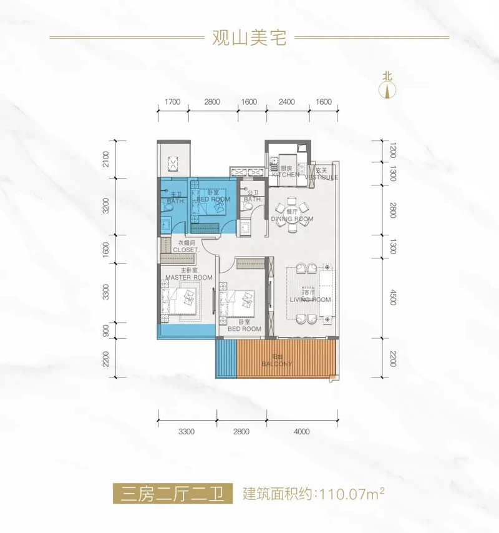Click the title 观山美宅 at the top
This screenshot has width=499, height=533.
[249, 37]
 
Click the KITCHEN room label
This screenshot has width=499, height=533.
[286, 174]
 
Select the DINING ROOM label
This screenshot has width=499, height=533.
[292, 218]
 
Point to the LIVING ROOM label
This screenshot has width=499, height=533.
[310, 300]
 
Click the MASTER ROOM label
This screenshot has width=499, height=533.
[189, 277]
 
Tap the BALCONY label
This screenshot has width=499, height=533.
[277, 364]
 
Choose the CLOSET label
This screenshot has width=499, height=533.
[186, 250]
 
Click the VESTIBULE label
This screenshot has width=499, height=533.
[321, 177]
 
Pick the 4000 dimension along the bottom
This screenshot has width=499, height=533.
[302, 432]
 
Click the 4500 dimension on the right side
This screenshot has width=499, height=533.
[394, 298]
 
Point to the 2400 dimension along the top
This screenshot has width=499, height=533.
[287, 102]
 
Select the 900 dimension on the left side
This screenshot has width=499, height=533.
[105, 330]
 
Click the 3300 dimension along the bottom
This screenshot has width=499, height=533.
[187, 432]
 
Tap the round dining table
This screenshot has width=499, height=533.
[292, 212]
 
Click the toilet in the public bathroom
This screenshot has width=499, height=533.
[246, 207]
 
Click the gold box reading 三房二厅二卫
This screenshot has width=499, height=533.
[173, 494]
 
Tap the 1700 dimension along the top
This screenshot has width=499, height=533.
[172, 102]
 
